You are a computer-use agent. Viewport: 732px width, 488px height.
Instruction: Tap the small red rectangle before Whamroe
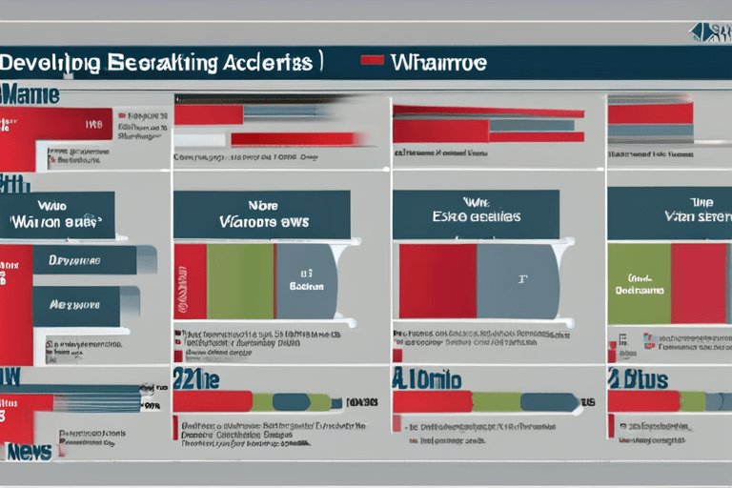373,60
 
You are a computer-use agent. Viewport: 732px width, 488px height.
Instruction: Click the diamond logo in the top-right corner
710,31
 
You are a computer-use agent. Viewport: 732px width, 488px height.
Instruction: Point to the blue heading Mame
30,94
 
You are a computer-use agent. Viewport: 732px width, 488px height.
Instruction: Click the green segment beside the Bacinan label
240,281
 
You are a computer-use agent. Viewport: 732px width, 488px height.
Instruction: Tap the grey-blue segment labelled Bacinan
305,281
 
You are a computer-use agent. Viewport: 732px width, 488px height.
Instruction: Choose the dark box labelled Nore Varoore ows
261,214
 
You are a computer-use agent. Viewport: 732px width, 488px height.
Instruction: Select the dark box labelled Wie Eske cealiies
476,214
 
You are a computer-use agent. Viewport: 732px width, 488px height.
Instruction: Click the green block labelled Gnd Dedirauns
639,283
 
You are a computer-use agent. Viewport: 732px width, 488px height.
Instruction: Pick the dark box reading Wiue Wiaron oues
57,215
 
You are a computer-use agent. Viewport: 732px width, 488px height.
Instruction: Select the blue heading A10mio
426,378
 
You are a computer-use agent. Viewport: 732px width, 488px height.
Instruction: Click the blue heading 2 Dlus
639,378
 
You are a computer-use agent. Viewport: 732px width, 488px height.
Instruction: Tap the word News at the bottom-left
29,451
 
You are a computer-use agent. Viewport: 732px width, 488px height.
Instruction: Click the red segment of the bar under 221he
212,401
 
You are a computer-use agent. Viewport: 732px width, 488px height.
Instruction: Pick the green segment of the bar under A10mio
497,401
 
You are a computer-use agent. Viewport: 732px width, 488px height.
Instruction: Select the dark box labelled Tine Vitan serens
669,214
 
